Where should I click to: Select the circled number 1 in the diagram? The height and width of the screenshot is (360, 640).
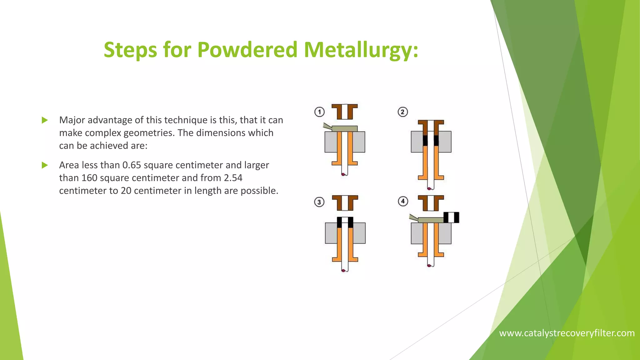coord(319,112)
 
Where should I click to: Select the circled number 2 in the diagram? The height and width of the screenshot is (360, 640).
coord(403,112)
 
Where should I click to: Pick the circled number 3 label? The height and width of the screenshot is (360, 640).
coord(319,202)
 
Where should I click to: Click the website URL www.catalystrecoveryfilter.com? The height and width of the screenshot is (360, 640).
coord(567,333)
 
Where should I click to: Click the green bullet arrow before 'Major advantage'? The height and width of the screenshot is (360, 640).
coord(45,120)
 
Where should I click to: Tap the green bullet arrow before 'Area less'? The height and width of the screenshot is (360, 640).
coord(45,165)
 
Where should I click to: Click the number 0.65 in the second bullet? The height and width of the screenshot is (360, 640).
coord(132,165)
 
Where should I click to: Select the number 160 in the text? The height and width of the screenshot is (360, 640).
coord(89,178)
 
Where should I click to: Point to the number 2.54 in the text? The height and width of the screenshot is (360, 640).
coord(233,178)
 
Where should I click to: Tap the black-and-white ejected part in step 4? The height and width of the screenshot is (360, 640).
coord(451,217)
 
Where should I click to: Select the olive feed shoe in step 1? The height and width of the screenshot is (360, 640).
coord(344,128)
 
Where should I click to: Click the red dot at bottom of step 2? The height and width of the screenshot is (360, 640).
coord(429,188)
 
